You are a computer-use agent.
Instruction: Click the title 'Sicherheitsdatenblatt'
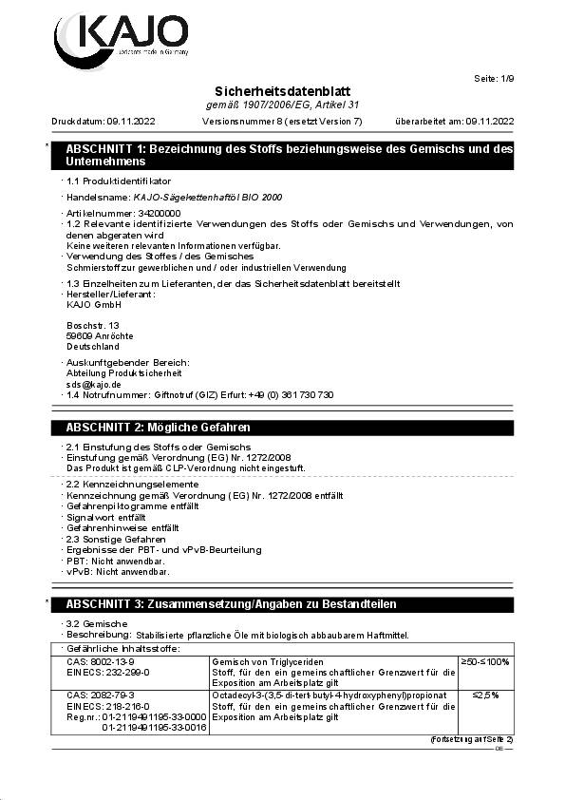coord(282,90)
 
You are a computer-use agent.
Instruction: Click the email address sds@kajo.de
coord(87,384)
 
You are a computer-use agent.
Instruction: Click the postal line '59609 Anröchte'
coord(100,336)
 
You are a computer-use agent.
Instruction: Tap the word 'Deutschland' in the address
coord(93,347)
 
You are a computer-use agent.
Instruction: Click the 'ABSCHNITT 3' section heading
coord(231,604)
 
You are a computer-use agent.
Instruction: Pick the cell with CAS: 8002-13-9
coord(101,661)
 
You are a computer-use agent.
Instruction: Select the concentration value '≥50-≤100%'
coord(484,661)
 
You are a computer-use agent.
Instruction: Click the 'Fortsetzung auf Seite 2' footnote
coord(471,738)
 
